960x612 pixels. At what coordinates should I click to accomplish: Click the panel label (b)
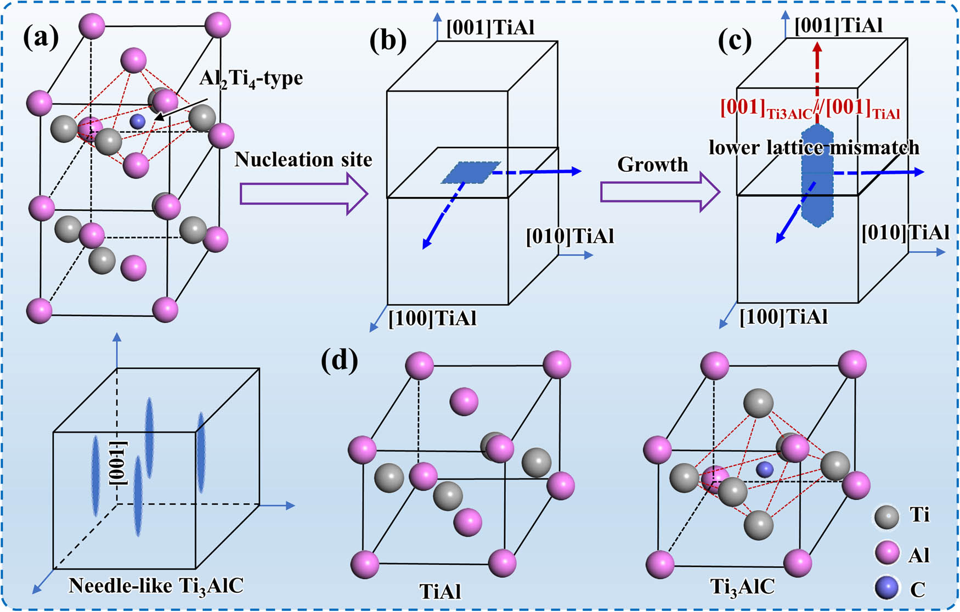(388, 41)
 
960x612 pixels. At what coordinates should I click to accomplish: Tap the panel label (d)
(340, 361)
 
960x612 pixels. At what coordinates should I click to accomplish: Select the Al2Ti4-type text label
(251, 78)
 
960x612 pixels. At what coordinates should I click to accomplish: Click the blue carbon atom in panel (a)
(138, 121)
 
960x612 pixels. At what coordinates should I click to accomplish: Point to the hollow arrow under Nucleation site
(303, 194)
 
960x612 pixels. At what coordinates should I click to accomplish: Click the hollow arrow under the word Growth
(659, 193)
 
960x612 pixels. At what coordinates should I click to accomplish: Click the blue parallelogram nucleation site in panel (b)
(471, 172)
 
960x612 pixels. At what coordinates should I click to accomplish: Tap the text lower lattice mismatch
(814, 147)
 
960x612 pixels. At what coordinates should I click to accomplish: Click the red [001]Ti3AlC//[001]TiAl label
(810, 109)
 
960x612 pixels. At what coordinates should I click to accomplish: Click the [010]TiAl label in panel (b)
(569, 237)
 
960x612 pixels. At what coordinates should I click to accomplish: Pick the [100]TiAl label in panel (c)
(783, 317)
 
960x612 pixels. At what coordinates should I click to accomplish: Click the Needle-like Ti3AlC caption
(156, 586)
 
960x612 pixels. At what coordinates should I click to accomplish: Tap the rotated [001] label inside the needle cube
(119, 463)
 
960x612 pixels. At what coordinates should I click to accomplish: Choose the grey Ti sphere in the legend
(886, 516)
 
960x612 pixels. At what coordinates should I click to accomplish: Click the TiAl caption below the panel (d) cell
(440, 591)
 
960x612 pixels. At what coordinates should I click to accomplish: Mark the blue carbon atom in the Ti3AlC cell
(764, 469)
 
